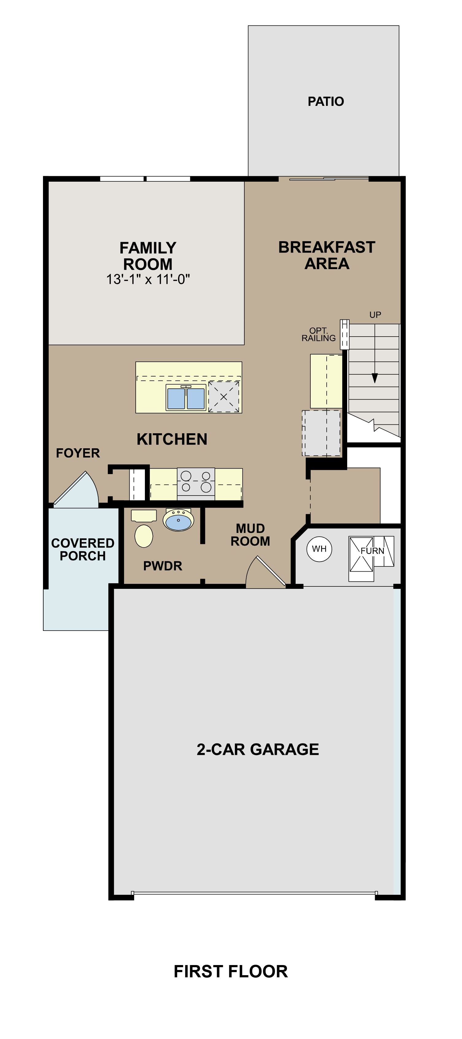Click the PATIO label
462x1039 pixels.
326,101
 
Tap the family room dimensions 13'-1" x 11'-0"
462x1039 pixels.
148,280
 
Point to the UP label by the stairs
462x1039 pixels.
375,315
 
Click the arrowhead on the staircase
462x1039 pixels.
375,378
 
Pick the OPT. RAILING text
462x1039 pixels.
318,334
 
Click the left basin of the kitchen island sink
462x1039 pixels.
176,398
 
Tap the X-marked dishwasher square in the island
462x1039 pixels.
223,397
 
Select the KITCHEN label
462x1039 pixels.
172,439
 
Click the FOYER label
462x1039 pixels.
78,453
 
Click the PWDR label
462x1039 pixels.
163,566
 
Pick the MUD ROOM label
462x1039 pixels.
250,535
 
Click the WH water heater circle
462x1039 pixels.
319,549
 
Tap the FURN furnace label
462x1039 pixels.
372,551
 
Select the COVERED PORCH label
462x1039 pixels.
83,549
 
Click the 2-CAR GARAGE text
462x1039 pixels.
258,749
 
